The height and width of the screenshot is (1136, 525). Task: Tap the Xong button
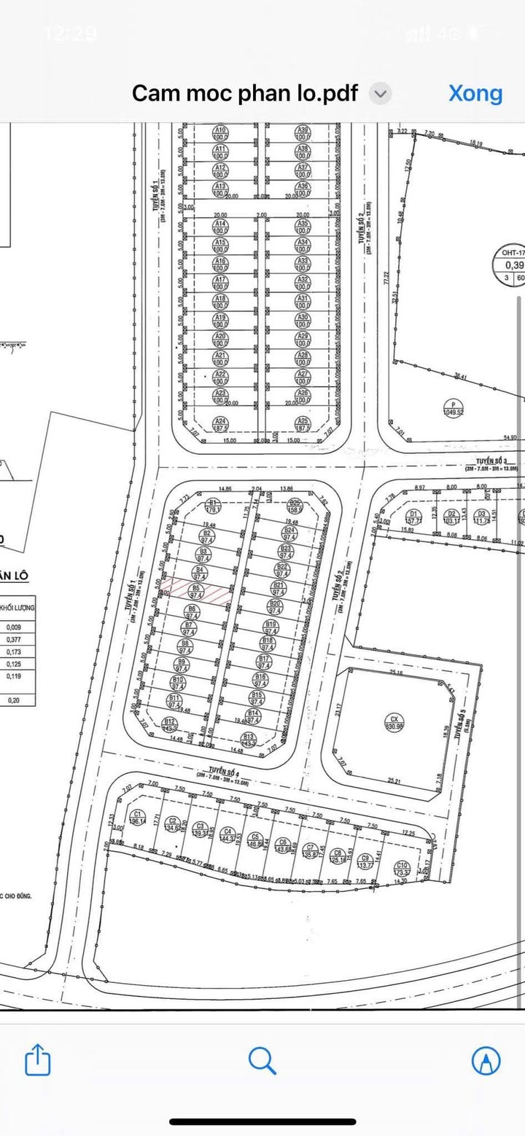pos(475,93)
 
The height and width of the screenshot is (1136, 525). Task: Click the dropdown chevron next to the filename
pos(381,93)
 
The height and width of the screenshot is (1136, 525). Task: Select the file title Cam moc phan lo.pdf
pos(245,93)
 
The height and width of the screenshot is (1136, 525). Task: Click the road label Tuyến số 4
pos(218,770)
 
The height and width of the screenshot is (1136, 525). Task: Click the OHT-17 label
pos(508,253)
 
